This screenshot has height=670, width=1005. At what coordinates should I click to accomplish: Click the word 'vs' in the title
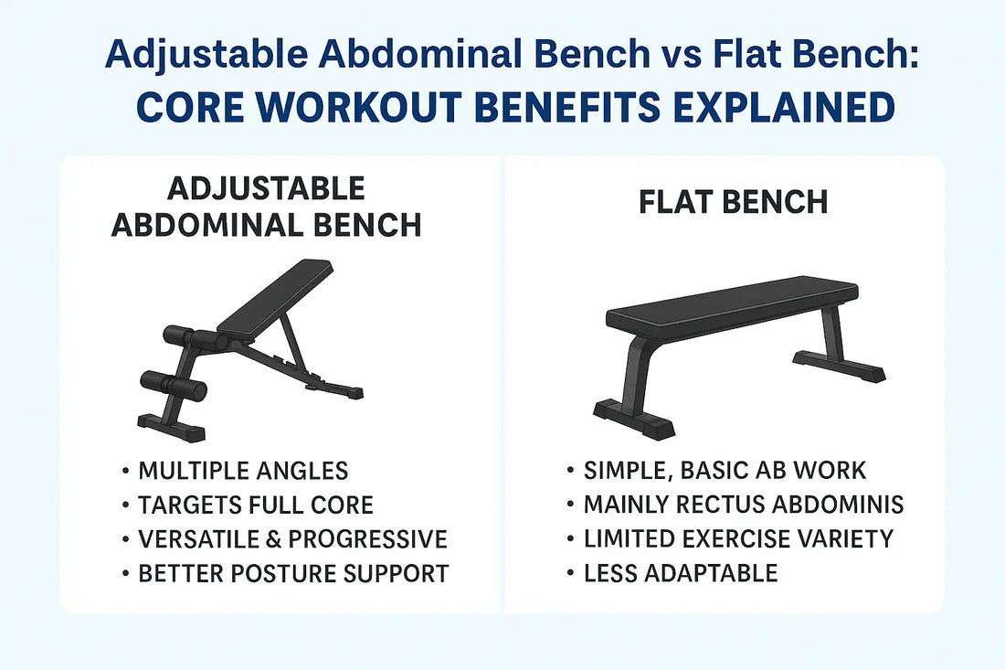(682, 53)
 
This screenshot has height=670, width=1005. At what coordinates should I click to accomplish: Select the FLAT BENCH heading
(734, 202)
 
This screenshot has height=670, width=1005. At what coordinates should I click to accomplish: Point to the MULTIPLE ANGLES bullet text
(243, 471)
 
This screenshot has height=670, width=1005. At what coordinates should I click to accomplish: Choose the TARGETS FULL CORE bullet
(256, 505)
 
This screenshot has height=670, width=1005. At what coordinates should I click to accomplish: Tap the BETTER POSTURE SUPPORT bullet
(293, 573)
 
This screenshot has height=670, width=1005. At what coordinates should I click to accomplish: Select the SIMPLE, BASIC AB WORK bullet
(725, 471)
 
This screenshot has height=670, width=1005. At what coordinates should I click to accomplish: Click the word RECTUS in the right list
(720, 505)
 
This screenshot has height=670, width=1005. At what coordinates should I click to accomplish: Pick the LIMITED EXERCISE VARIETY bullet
(738, 539)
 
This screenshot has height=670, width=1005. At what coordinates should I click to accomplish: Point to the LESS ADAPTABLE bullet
(681, 573)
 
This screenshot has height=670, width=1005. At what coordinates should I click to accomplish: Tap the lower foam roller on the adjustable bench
(174, 386)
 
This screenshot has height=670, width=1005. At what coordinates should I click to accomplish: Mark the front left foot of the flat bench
(633, 420)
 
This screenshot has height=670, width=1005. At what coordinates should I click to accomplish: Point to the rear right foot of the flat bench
(839, 366)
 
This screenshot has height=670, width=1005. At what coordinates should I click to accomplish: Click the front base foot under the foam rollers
(171, 427)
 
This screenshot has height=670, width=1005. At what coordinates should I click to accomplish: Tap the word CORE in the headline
(190, 106)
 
